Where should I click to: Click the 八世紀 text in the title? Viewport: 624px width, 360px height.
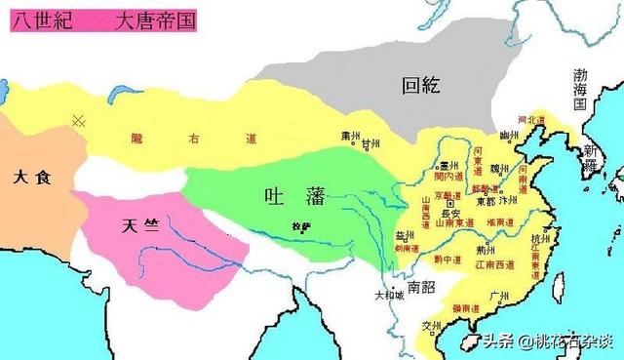tap(40, 20)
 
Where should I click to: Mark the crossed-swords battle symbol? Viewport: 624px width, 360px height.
tap(78, 120)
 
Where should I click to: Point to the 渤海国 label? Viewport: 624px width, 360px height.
tap(579, 89)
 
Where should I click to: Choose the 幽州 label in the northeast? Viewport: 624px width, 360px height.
tap(508, 136)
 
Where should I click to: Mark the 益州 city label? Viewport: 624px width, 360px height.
tap(405, 236)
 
